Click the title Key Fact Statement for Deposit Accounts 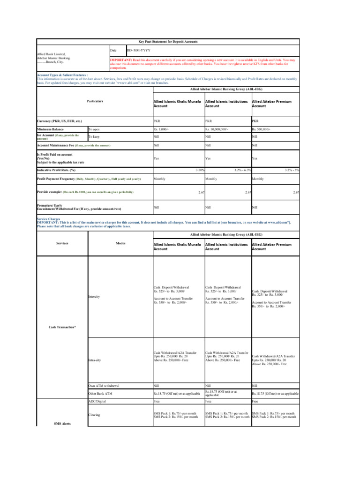(168, 42)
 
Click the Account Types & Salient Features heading (62, 75)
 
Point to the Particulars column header (95, 101)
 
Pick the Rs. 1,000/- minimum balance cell (163, 129)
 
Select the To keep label (94, 137)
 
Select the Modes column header (120, 244)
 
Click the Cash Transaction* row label (62, 327)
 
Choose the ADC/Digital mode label (97, 402)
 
